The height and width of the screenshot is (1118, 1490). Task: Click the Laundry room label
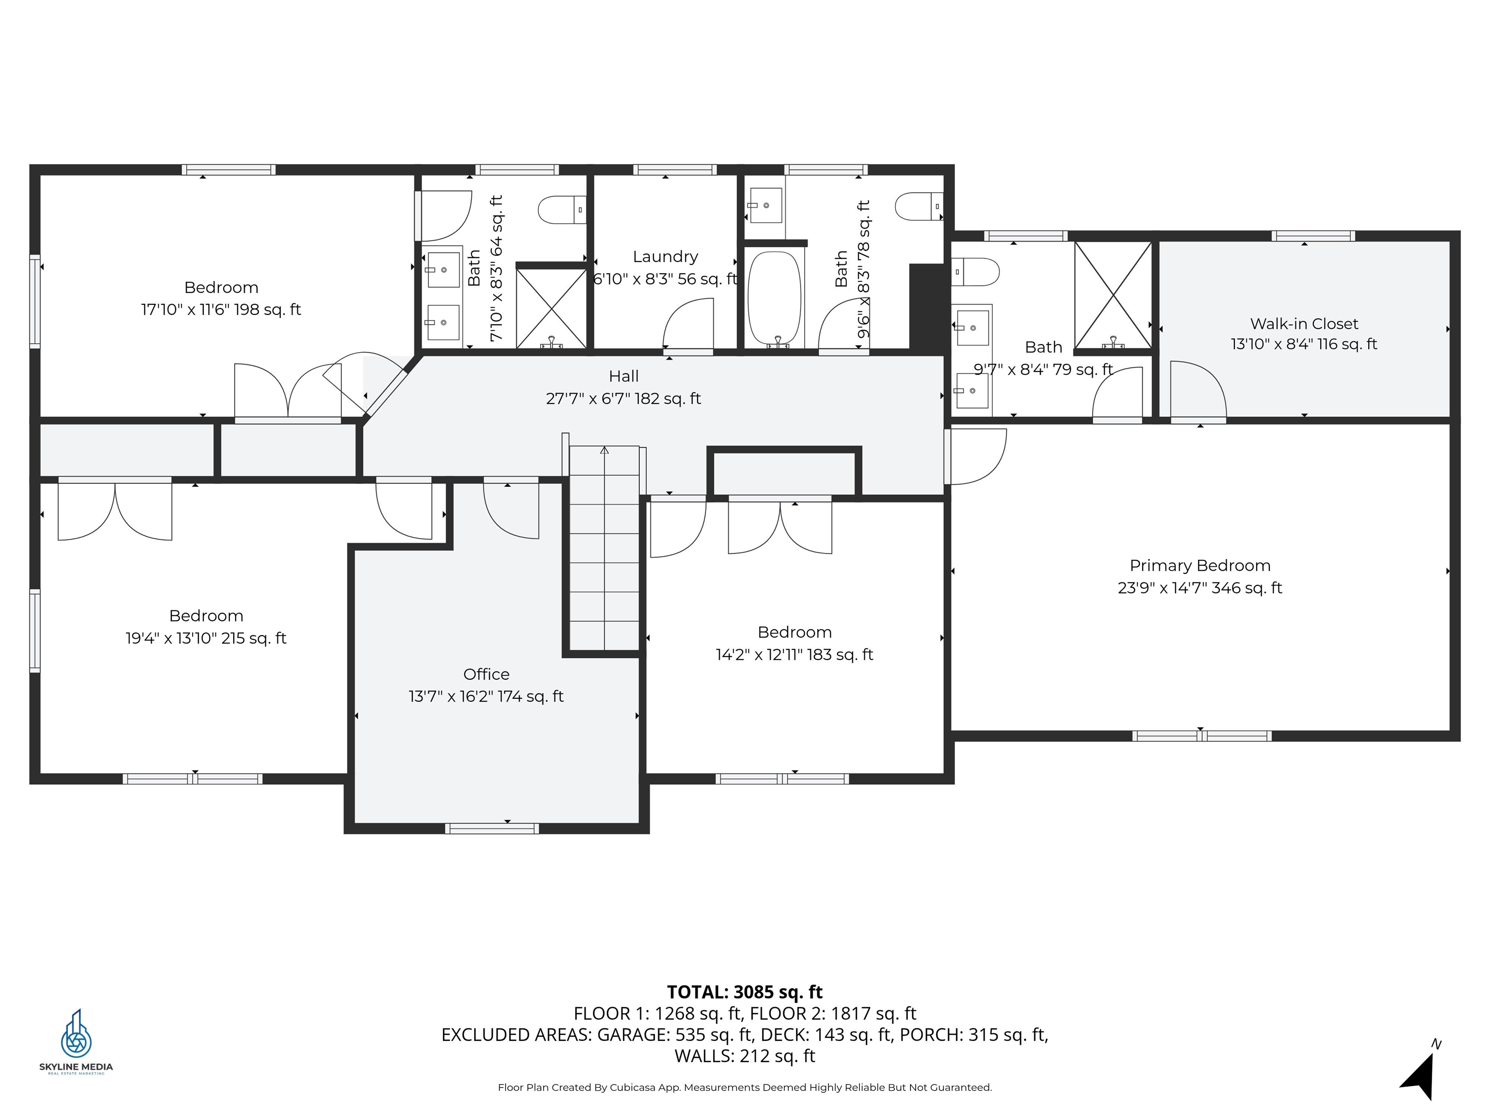coord(665,257)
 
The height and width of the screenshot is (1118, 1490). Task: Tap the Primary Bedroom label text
coord(1199,565)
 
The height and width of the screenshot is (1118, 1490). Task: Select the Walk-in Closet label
coord(1303,324)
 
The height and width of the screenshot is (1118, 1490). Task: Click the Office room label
coord(486,674)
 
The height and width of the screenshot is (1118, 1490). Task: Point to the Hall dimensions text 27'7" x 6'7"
coord(623,399)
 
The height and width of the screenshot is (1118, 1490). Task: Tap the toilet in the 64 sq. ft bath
coord(561,210)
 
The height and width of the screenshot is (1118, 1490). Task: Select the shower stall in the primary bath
coord(1113,295)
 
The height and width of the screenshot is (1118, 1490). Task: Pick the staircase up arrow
coord(604,450)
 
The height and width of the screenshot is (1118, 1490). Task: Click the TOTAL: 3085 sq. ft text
coord(745,992)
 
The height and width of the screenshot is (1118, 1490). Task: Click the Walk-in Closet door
coord(1197,391)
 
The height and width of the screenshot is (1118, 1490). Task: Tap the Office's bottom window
coord(492,828)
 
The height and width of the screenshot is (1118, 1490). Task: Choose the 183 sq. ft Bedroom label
coord(794,632)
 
